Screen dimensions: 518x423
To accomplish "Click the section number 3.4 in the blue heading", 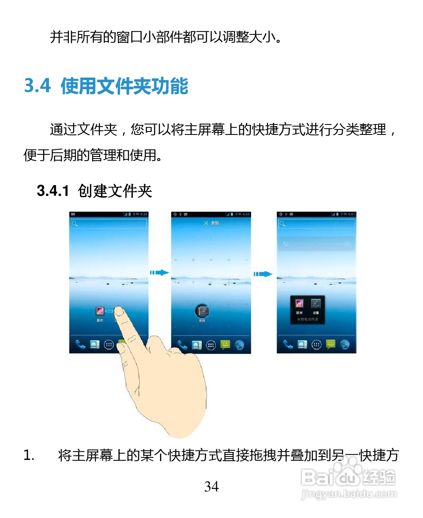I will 37,86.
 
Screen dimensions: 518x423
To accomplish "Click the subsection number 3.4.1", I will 53,191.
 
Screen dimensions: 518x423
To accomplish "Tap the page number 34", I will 211,486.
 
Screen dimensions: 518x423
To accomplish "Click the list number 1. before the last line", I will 29,455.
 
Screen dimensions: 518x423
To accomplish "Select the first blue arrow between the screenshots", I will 159,273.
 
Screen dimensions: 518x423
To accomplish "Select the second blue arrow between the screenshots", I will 263,274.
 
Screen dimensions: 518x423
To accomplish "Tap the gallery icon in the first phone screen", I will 100,312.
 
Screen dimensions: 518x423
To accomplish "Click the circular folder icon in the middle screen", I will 202,311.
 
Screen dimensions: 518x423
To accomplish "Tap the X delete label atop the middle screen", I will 211,223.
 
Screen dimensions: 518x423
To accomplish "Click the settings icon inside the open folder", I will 316,304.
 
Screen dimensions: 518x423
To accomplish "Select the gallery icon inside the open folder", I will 299,304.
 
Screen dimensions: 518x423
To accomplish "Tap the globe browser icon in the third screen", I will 345,344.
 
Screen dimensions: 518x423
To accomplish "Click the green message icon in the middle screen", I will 225,345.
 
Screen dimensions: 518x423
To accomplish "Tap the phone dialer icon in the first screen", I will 80,345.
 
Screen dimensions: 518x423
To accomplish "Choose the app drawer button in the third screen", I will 316,345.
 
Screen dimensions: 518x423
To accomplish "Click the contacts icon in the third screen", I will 302,345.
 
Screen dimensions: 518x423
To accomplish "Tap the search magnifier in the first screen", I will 75,224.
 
